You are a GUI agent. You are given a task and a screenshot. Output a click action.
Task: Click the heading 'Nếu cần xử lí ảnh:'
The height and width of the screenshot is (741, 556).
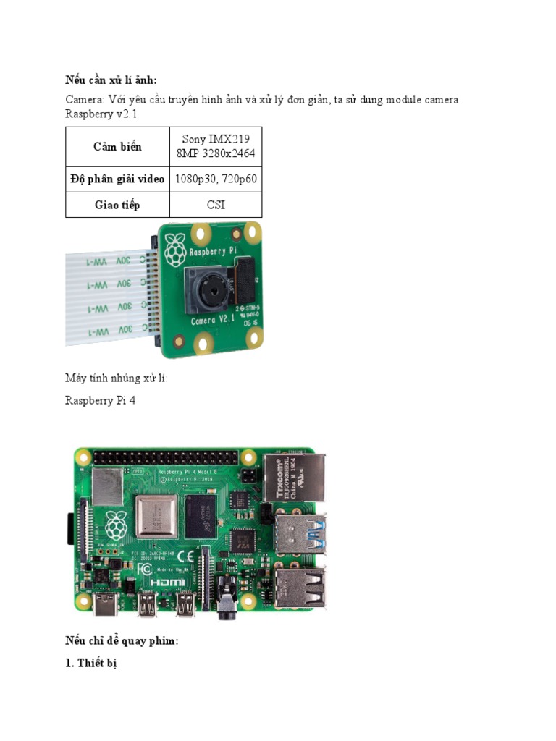[111, 80]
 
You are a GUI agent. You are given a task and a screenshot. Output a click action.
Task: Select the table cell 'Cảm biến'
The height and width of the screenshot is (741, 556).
[117, 147]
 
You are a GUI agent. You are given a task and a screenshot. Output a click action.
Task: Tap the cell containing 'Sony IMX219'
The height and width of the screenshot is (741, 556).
[216, 147]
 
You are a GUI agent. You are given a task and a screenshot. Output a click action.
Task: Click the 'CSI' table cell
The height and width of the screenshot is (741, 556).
[216, 205]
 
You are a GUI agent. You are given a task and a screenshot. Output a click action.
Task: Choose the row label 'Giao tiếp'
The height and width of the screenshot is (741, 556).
[117, 205]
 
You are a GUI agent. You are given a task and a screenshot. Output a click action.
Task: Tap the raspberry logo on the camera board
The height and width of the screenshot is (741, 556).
[174, 251]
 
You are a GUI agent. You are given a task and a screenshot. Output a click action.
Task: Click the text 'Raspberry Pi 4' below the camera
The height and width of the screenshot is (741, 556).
[99, 400]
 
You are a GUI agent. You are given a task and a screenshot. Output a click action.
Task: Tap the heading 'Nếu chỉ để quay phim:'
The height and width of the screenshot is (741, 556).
[121, 641]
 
